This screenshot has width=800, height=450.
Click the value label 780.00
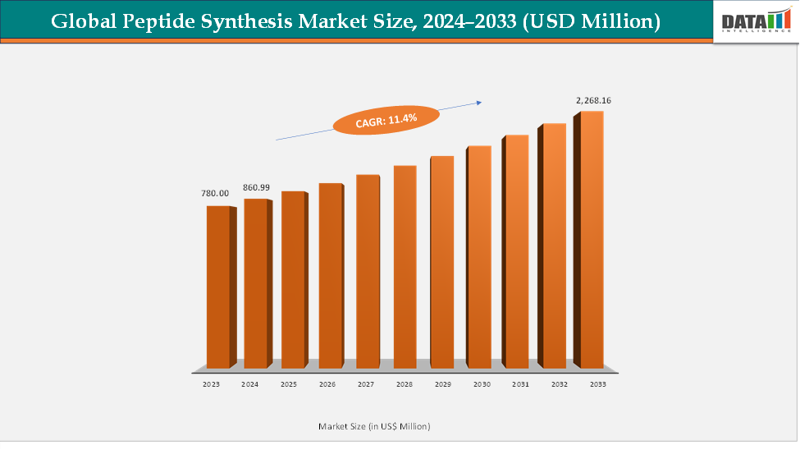(x=215, y=194)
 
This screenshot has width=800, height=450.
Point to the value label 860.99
(x=256, y=187)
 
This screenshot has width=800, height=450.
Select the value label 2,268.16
(x=593, y=100)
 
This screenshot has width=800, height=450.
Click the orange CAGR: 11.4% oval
(x=386, y=119)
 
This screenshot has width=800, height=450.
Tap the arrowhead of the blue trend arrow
(x=477, y=103)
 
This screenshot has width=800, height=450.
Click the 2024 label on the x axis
(x=250, y=383)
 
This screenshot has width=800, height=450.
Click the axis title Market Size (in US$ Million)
(x=374, y=426)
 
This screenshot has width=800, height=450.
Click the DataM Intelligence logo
(x=753, y=21)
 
